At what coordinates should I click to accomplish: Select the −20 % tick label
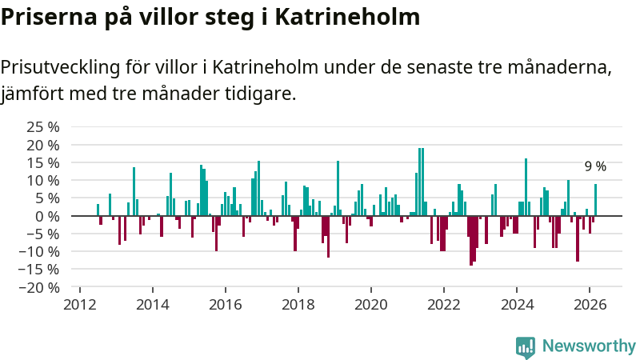pyautogui.click(x=39, y=287)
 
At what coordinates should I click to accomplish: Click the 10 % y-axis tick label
pyautogui.click(x=43, y=180)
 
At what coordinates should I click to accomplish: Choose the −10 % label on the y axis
pyautogui.click(x=39, y=251)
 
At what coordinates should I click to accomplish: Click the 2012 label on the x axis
pyautogui.click(x=79, y=304)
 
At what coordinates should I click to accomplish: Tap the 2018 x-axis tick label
pyautogui.click(x=298, y=304)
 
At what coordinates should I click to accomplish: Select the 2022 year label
pyautogui.click(x=443, y=304)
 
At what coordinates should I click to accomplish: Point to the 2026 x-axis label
pyautogui.click(x=589, y=304)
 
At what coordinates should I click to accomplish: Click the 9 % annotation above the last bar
pyautogui.click(x=595, y=166)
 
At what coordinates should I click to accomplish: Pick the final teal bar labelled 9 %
pyautogui.click(x=595, y=200)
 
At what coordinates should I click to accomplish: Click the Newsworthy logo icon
pyautogui.click(x=526, y=346)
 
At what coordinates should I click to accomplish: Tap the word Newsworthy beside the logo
pyautogui.click(x=589, y=346)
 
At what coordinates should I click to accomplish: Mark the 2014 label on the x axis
pyautogui.click(x=152, y=304)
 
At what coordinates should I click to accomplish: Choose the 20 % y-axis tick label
pyautogui.click(x=43, y=145)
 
